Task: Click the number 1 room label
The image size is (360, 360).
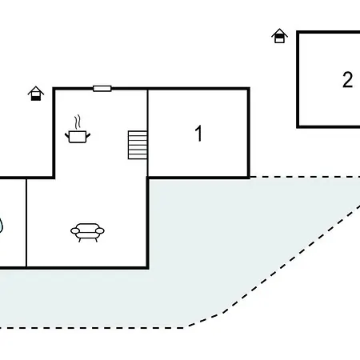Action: pos(198,133)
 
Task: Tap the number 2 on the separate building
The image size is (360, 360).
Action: pos(348,79)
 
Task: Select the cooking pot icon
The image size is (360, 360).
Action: pos(78,137)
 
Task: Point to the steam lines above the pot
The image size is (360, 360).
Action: pos(78,122)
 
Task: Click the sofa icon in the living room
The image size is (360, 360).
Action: pos(87,232)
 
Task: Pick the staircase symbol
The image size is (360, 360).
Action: pos(138,145)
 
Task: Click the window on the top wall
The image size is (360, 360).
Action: pos(102,89)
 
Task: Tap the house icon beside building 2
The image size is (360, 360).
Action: pos(279,36)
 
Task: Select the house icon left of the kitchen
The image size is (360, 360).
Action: pos(36,94)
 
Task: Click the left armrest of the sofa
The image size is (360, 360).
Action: pos(75,231)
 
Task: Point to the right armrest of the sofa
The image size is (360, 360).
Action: pos(100,231)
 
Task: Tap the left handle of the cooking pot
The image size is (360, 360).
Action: pos(67,136)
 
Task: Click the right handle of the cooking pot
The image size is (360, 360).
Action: pos(88,136)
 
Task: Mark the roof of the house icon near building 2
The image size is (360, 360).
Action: pos(279,32)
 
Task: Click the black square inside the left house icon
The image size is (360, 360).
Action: pos(36,98)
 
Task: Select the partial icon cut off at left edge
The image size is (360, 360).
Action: pos(2,226)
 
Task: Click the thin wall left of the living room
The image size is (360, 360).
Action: pos(26,222)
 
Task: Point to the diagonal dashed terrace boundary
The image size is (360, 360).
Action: pos(274,266)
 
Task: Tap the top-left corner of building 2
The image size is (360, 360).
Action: pos(298,32)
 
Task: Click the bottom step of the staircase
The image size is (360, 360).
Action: pos(138,157)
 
